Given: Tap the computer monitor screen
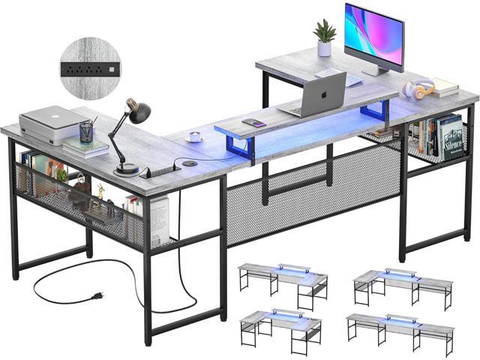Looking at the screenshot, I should point(373,37).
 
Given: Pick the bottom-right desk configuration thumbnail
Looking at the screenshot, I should point(400,330).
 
